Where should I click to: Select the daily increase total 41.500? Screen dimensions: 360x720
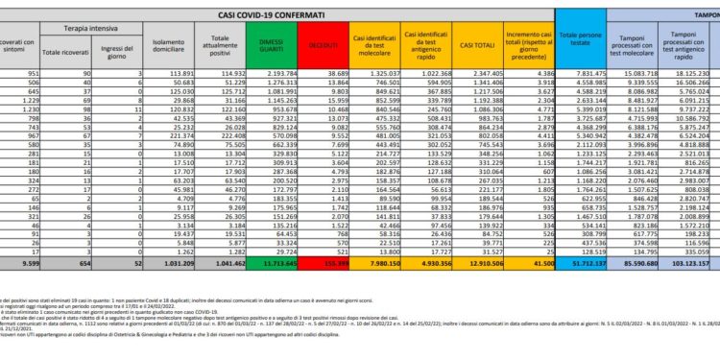tap(531, 261)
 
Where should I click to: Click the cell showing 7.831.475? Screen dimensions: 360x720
tap(584, 73)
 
